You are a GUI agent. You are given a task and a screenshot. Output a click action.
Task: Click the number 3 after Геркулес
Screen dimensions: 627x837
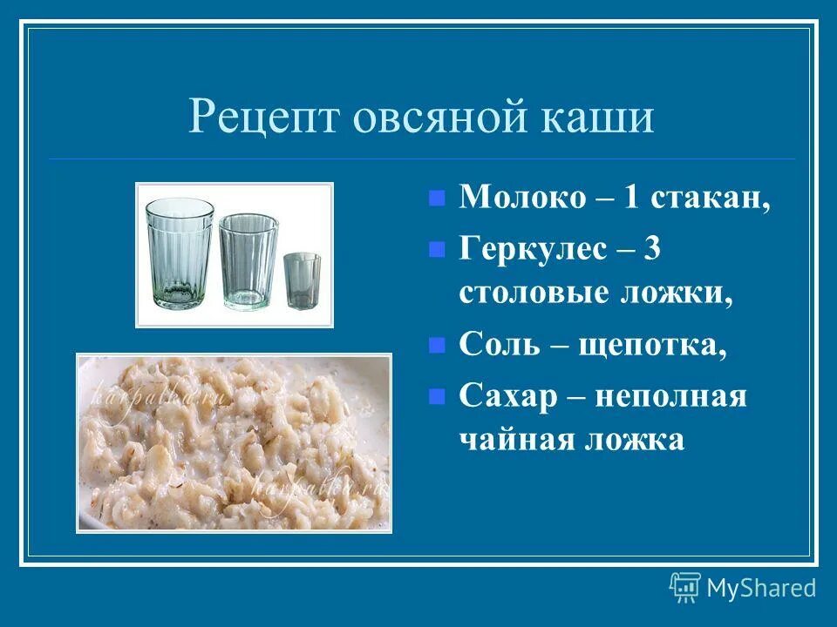click(x=652, y=249)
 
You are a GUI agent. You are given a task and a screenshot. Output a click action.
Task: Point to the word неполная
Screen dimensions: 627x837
click(x=671, y=396)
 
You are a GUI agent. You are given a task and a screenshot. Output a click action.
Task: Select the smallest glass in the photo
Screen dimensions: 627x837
click(x=302, y=280)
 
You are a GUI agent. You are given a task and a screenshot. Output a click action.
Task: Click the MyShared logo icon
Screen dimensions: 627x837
click(x=684, y=588)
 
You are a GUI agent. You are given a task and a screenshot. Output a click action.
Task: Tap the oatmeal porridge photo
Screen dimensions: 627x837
click(x=234, y=442)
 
